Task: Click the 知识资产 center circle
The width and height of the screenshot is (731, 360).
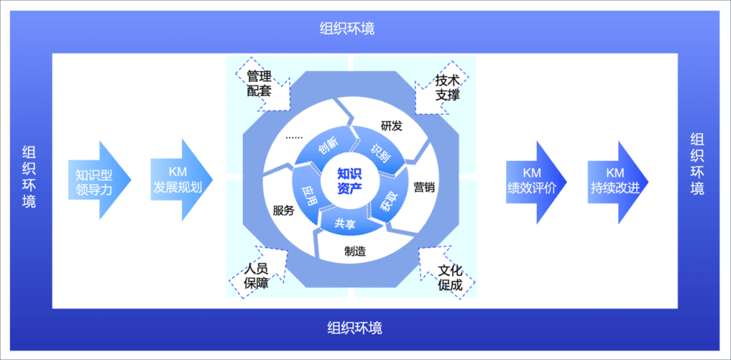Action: (350, 180)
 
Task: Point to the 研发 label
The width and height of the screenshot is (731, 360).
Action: (391, 125)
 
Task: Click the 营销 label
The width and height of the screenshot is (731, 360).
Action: (424, 187)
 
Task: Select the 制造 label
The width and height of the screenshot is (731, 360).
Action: (355, 251)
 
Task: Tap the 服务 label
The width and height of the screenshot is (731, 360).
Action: (283, 210)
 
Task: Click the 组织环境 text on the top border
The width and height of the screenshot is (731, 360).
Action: (347, 28)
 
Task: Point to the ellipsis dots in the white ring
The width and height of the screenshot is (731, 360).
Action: (294, 137)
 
